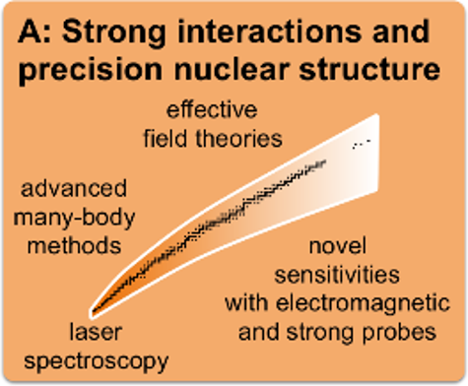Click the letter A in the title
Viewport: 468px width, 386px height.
(x=31, y=32)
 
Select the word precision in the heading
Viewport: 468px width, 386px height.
(x=91, y=70)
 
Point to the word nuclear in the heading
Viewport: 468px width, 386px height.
(x=233, y=70)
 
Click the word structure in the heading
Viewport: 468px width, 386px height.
(x=369, y=70)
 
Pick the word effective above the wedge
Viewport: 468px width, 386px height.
(x=212, y=110)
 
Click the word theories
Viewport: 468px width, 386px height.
(x=239, y=138)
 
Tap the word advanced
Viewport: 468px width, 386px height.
(x=74, y=188)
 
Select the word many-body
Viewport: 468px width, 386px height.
(x=74, y=219)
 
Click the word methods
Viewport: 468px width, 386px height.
(x=74, y=245)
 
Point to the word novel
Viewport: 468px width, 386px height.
(x=338, y=245)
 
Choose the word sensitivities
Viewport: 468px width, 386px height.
(x=337, y=275)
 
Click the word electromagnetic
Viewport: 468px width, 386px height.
(x=363, y=304)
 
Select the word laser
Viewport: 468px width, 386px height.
(x=96, y=332)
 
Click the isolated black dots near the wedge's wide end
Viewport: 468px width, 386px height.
(x=362, y=144)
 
